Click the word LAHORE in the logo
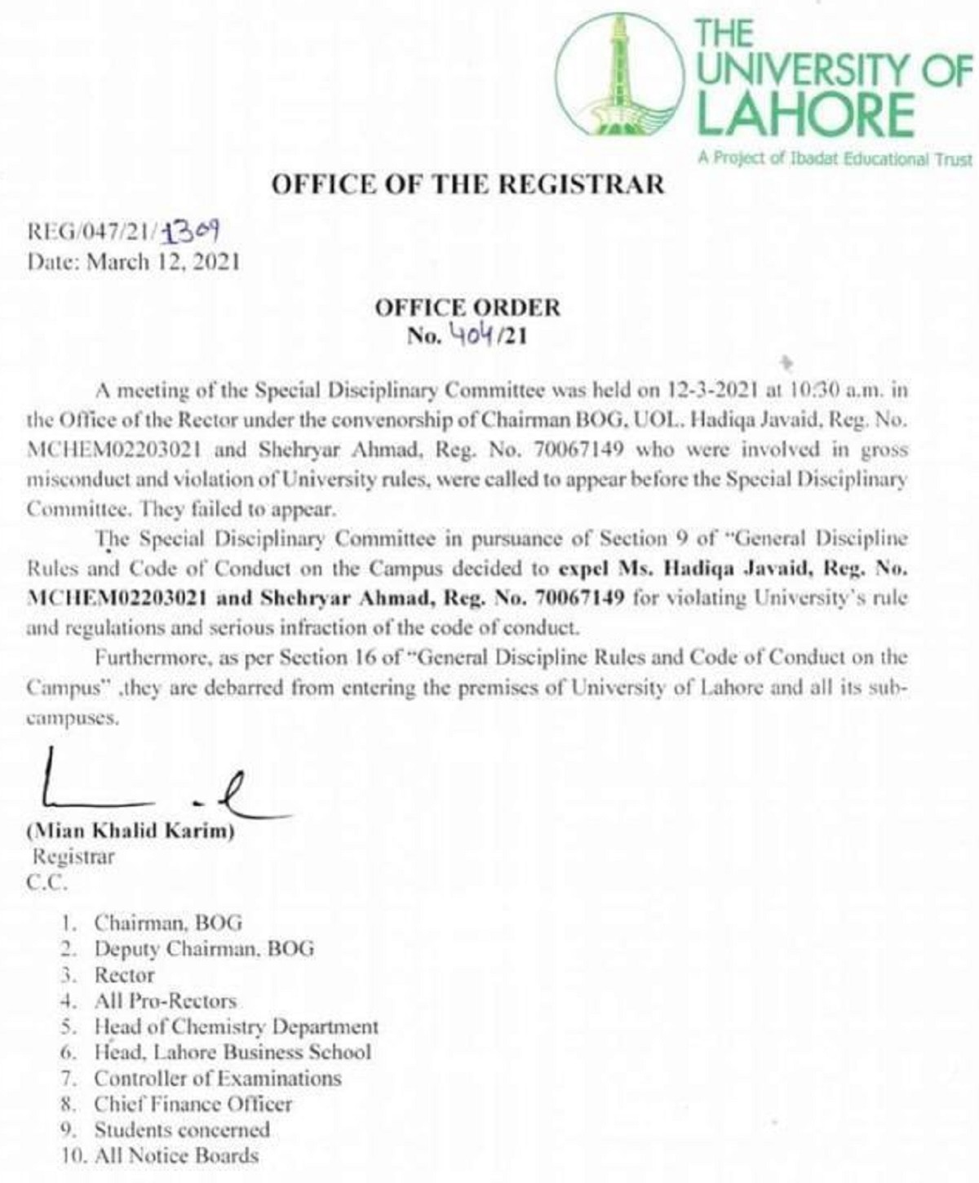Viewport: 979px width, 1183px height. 805,114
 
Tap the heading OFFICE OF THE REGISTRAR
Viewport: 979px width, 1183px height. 467,184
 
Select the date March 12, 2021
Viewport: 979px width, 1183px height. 163,262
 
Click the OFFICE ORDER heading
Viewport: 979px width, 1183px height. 467,308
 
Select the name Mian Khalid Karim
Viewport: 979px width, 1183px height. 131,832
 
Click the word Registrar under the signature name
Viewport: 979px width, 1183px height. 73,857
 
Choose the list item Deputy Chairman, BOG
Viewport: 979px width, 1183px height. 204,949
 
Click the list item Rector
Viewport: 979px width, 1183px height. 124,975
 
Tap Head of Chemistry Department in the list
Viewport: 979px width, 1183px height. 237,1026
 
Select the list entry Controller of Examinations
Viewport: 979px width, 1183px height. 218,1079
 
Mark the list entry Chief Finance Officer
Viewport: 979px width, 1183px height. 193,1105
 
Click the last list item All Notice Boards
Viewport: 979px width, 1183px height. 176,1156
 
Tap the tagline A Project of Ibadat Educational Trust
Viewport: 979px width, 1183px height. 835,158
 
